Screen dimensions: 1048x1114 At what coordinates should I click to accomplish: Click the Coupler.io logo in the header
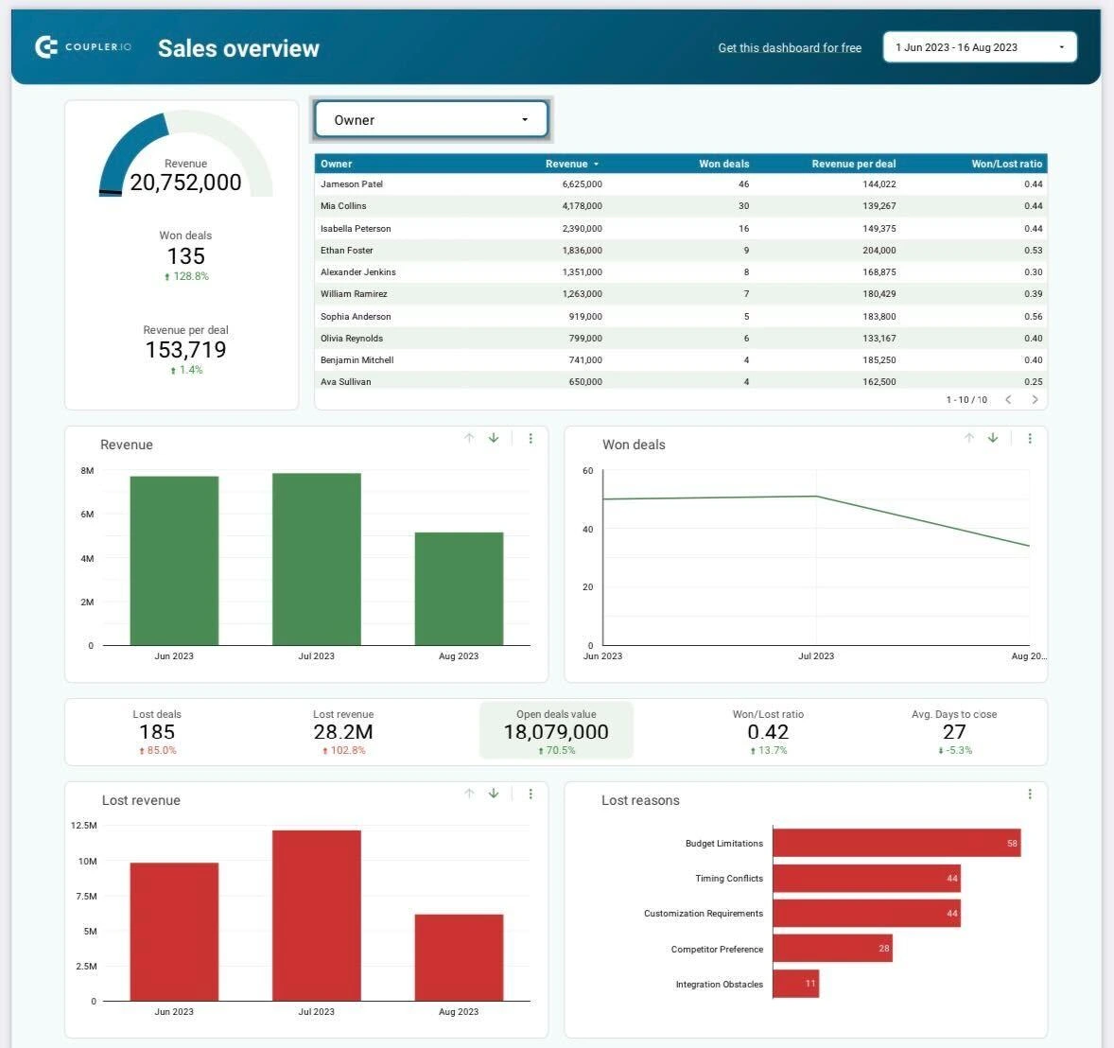82,47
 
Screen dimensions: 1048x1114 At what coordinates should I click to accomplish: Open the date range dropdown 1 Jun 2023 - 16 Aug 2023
979,47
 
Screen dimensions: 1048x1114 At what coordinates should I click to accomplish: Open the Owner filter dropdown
431,120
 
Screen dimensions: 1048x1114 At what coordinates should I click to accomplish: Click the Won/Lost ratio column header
1006,164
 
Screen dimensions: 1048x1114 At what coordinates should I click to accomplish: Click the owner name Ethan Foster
347,251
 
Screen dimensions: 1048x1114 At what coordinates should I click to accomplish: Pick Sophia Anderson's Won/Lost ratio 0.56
1033,317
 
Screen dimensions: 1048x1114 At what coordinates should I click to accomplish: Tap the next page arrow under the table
1035,400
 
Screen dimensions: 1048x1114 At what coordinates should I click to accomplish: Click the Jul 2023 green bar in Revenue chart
316,559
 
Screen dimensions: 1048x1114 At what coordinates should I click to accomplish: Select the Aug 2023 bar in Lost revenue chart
459,957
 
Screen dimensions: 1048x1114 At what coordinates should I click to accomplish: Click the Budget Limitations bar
896,843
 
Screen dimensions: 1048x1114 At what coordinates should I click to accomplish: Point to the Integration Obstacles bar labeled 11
795,984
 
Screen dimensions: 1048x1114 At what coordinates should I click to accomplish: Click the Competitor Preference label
717,949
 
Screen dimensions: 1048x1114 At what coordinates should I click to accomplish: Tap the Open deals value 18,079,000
556,732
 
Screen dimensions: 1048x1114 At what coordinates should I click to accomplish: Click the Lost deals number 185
157,732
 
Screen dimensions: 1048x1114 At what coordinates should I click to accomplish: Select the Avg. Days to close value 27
954,732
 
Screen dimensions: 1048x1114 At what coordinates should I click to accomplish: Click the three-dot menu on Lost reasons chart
1030,795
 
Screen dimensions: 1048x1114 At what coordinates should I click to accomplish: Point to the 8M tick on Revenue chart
87,471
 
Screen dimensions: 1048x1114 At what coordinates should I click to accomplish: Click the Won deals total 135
185,256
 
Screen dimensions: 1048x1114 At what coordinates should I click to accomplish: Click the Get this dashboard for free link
790,48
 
